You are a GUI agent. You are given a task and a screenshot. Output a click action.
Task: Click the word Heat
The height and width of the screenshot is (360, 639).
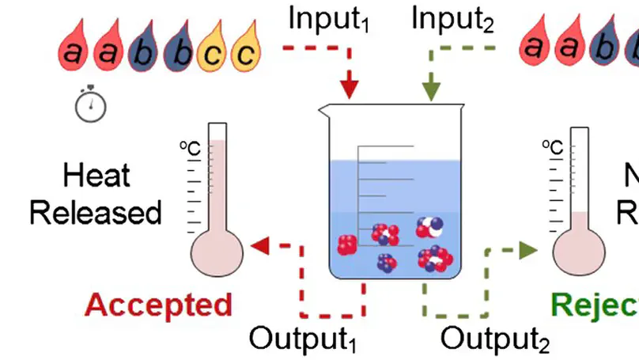pos(96,176)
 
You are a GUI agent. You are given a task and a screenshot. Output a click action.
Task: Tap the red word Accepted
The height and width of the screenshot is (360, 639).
pos(158,305)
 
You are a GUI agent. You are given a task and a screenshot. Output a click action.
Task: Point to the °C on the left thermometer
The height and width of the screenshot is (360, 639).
pos(188,148)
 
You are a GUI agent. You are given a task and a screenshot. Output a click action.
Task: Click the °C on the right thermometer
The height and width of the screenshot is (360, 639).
pos(551,148)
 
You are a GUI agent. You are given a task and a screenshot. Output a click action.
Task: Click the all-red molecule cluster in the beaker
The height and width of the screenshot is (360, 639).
pos(348,245)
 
